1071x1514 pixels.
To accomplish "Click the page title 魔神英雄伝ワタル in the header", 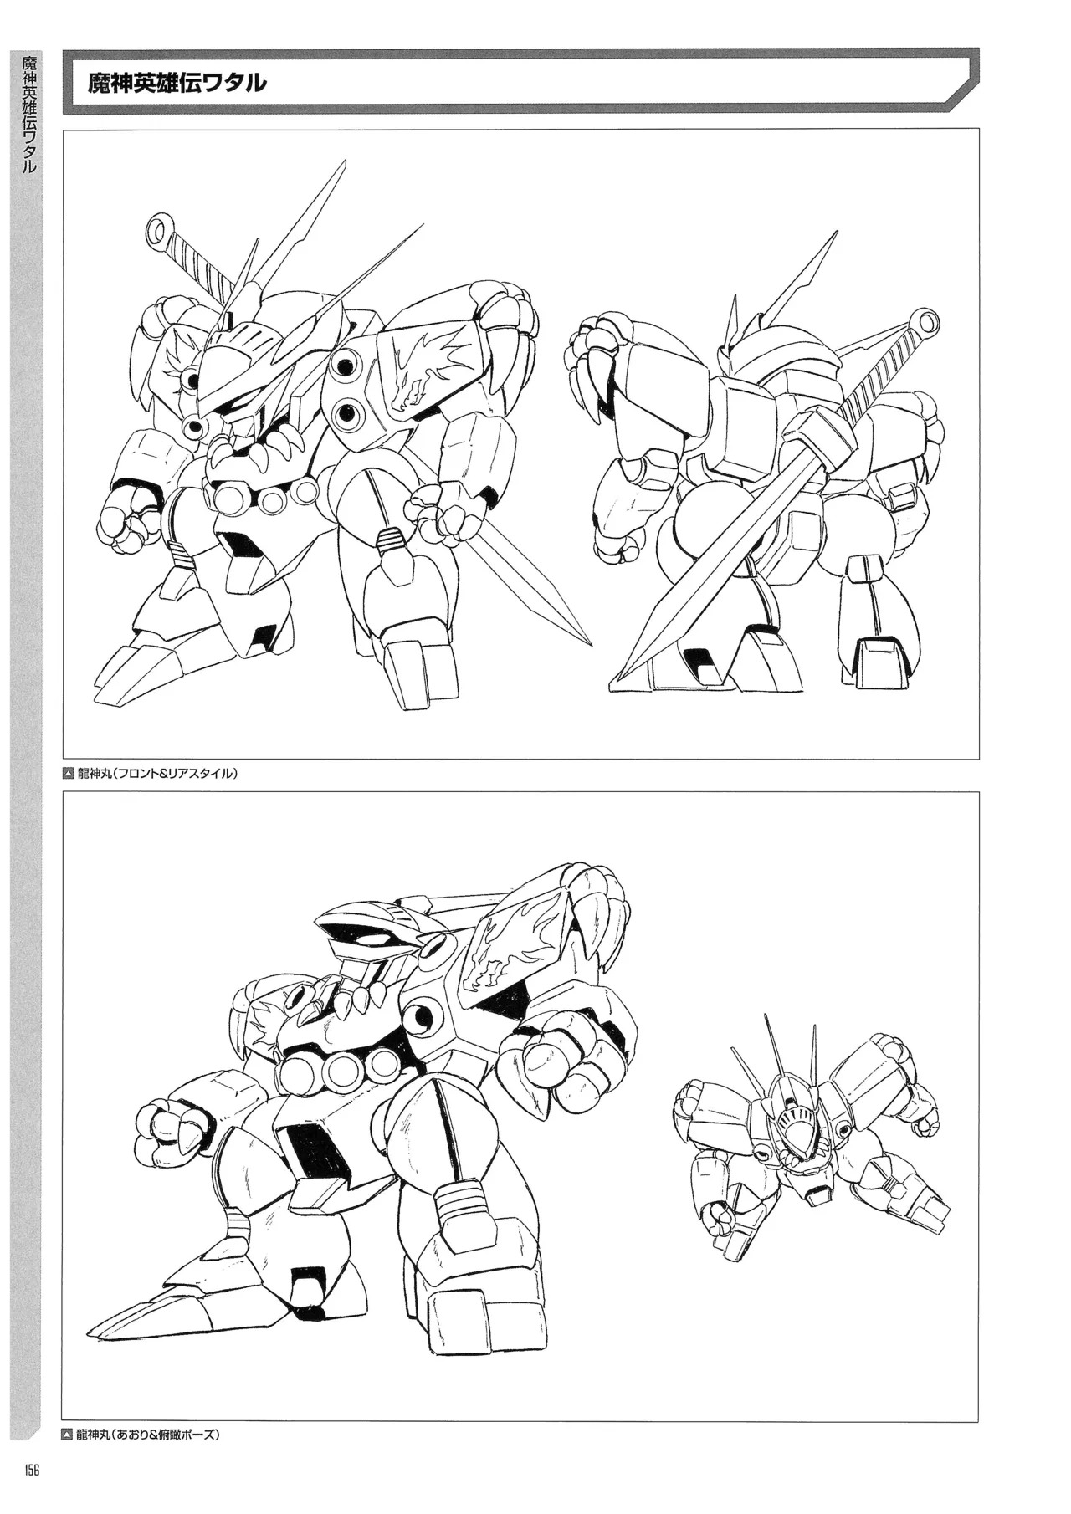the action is coord(178,84).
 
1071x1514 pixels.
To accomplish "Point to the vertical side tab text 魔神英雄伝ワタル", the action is coord(28,113).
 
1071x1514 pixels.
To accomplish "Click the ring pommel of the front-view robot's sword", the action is coord(157,227).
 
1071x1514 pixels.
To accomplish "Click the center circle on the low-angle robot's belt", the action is coord(342,1067).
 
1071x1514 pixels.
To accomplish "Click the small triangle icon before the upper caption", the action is coord(69,774).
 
